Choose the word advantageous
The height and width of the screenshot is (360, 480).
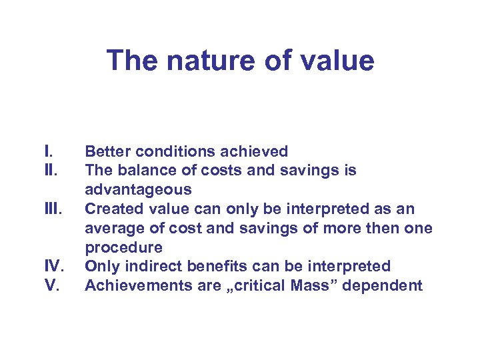point(138,190)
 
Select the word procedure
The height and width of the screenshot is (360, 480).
point(123,248)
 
